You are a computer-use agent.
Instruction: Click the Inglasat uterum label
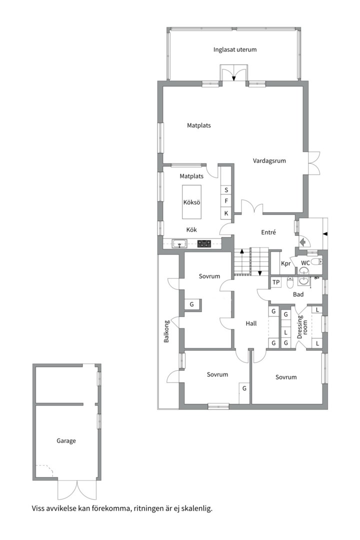coord(234,49)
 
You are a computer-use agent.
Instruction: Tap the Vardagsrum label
coord(269,161)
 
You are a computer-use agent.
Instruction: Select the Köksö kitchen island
coord(191,202)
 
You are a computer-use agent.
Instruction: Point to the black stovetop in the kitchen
coord(204,243)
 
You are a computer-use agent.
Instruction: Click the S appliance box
coord(226,190)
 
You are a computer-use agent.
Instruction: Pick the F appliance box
coord(226,201)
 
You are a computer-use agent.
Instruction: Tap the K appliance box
coord(226,213)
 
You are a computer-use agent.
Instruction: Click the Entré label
coord(268,232)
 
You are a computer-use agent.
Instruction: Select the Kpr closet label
coord(285,264)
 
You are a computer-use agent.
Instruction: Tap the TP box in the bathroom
coord(276,282)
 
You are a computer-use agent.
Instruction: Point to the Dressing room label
coord(302,326)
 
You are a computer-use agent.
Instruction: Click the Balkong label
coord(166,331)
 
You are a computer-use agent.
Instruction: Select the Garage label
coord(66,441)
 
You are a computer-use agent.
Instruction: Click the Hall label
coord(251,323)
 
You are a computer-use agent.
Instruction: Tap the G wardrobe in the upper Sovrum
coord(192,304)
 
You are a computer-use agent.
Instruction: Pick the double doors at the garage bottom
coord(77,489)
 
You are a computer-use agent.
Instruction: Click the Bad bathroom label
coord(298,294)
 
